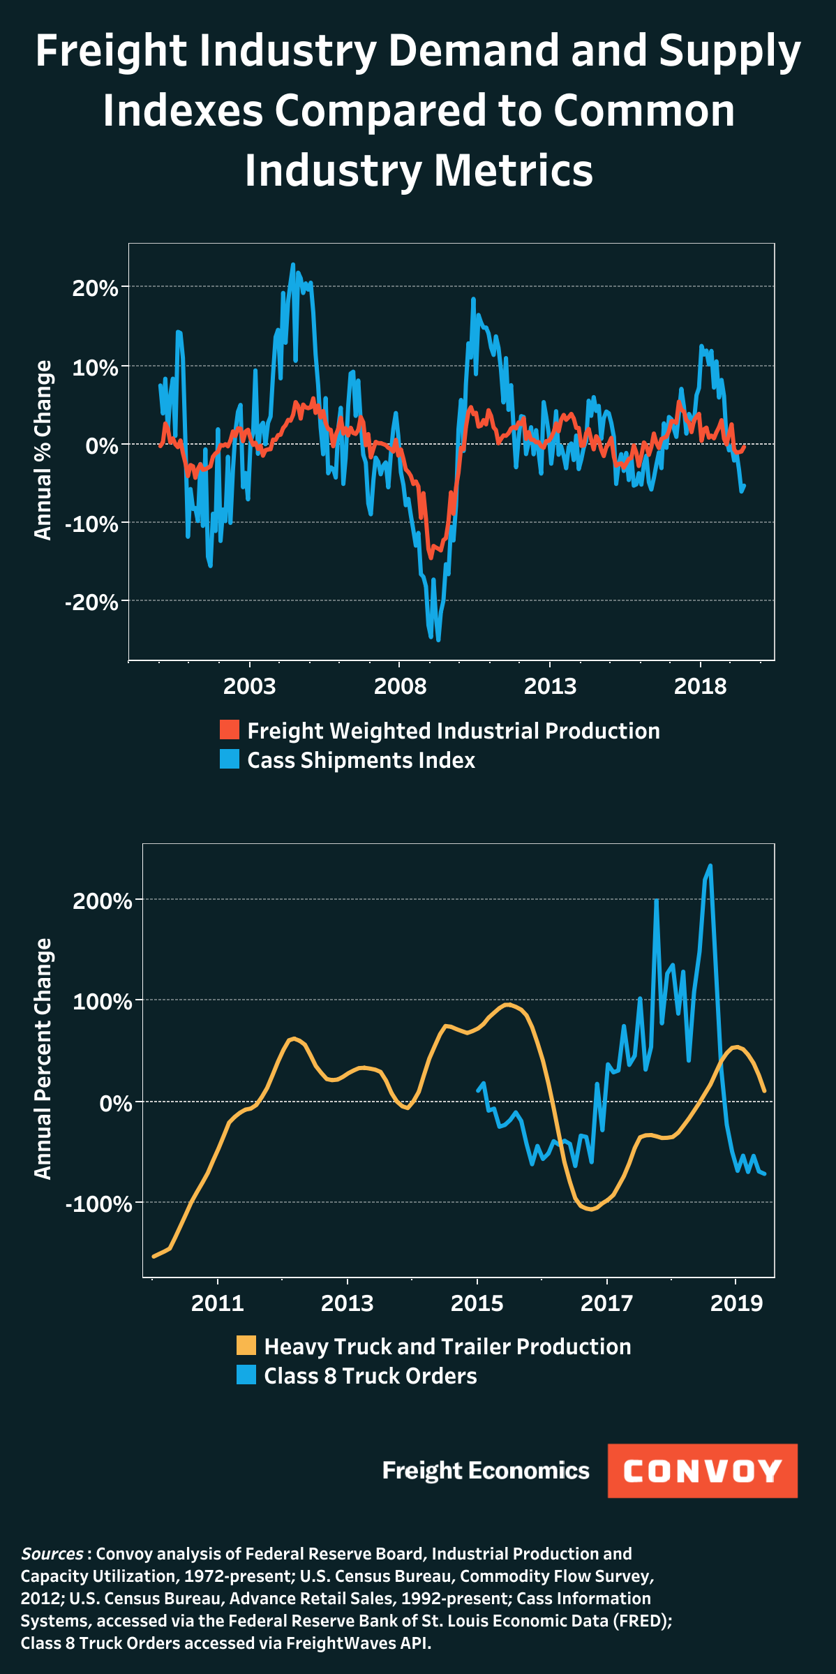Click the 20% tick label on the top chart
[x=96, y=288]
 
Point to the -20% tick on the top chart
[x=92, y=602]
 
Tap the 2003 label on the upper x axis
[x=249, y=686]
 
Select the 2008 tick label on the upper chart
[x=400, y=686]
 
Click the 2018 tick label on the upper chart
[x=700, y=686]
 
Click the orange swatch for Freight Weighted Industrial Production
[x=230, y=729]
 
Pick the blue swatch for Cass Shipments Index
[x=230, y=759]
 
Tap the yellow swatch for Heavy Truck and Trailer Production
[x=246, y=1345]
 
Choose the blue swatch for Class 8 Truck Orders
[x=246, y=1375]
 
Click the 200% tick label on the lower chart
[x=103, y=901]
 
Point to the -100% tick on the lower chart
[x=99, y=1203]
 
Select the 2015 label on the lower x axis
[x=477, y=1303]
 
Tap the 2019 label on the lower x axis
[x=736, y=1303]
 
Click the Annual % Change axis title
[x=43, y=450]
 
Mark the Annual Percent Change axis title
[x=43, y=1059]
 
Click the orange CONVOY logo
[x=702, y=1471]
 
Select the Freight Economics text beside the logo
[x=486, y=1470]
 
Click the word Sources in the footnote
[x=52, y=1554]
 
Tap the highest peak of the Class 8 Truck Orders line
[x=710, y=866]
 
